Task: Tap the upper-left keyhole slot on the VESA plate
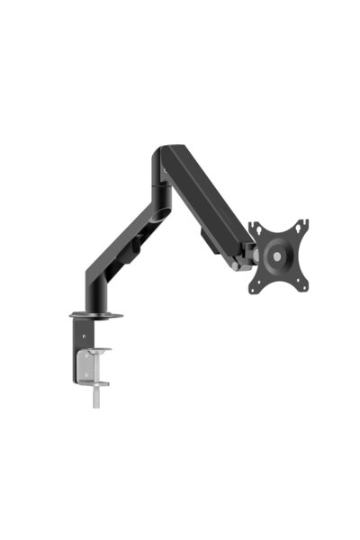coord(256,230)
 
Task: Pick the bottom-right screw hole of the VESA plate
coord(303,286)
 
